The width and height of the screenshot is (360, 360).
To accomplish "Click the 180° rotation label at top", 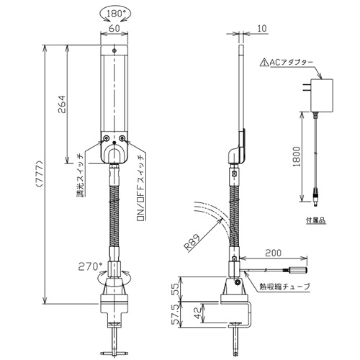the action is point(114,14).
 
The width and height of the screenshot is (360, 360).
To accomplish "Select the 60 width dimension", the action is point(114,28).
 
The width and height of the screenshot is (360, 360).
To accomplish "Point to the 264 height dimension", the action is point(61,104).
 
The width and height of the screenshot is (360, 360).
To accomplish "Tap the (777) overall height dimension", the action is point(40,174).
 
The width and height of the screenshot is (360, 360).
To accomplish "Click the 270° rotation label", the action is point(90,266).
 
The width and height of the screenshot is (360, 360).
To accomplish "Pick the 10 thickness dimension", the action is point(262,28).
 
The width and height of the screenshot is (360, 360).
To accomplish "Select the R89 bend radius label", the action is point(192,243).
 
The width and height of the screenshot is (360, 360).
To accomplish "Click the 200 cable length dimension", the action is point(274,253).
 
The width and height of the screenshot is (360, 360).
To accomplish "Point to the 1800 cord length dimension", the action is point(297,156).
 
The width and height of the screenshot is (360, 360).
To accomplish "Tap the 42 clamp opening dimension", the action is point(198,313).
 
